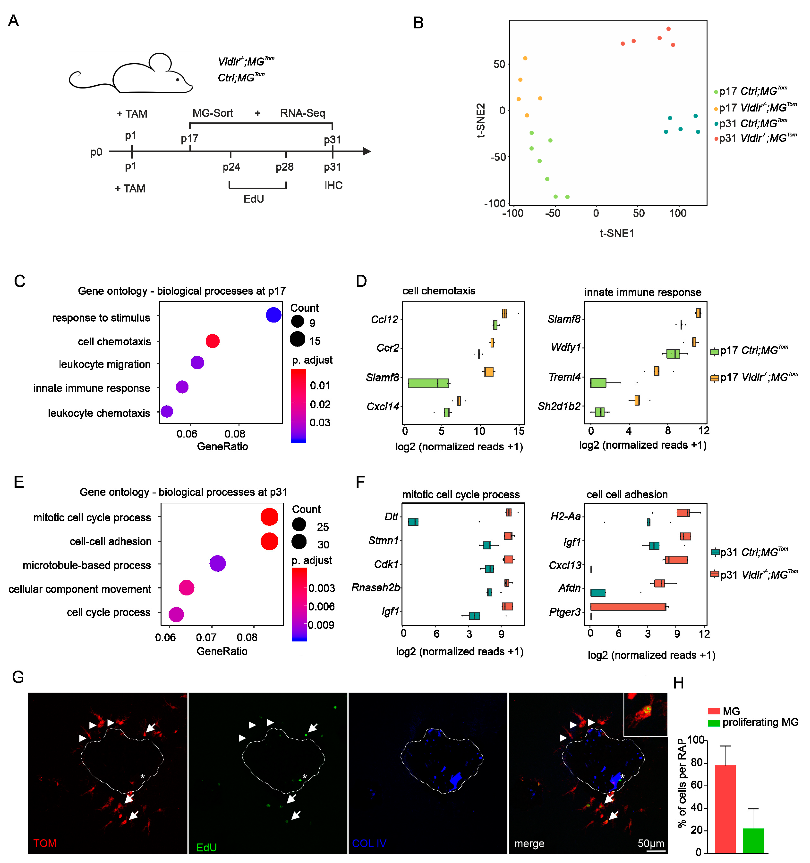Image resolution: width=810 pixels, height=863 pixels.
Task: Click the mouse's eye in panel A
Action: [177, 80]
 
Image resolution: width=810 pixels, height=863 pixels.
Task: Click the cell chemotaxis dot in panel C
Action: [212, 341]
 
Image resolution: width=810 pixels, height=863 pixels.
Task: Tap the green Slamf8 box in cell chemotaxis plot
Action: [428, 383]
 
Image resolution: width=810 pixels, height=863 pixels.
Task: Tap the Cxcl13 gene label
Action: [564, 565]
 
